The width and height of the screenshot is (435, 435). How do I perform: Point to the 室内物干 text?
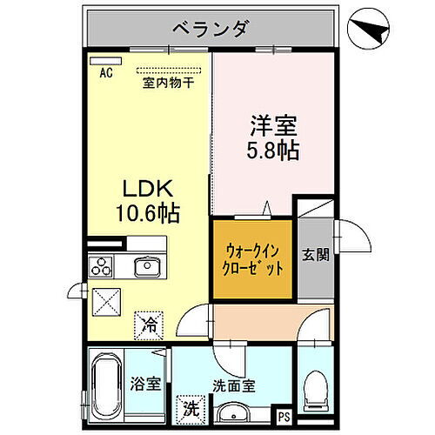coord(168,84)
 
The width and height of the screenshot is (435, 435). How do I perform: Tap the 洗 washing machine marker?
coord(191,406)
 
